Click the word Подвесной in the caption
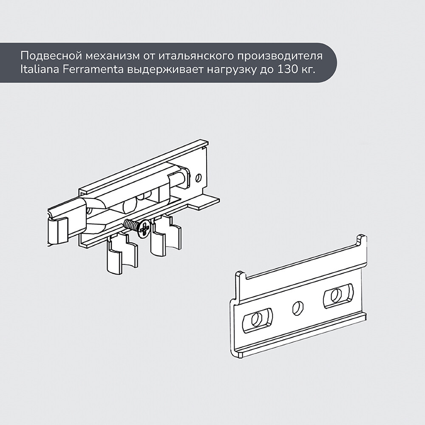pos(51,56)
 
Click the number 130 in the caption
pos(287,70)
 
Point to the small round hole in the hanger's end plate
pos(198,177)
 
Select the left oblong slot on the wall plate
pos(257,320)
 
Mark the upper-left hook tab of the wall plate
pos(241,277)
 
